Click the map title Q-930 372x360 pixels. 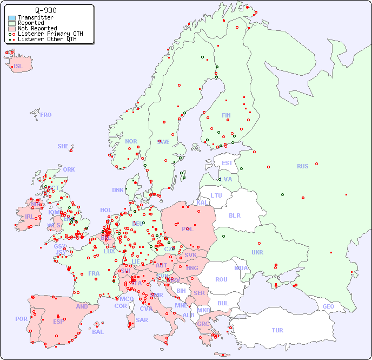(45, 10)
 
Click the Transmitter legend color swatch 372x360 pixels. (12, 18)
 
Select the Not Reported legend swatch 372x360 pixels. (12, 29)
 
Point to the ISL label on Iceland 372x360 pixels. (18, 67)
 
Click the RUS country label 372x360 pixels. (302, 166)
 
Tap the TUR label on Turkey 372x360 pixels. (277, 330)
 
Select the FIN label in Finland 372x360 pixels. (226, 115)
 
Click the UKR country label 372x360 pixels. (257, 252)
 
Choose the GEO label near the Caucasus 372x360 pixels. (328, 306)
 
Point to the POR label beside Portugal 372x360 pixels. (21, 319)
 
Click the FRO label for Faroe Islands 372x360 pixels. (46, 115)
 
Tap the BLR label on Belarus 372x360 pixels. (234, 215)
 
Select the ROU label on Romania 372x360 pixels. (221, 279)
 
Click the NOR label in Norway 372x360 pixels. (131, 141)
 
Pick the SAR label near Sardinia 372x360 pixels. (142, 320)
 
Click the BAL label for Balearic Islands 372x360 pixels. (98, 332)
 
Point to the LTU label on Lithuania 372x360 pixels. (216, 195)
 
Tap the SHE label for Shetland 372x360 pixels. (63, 146)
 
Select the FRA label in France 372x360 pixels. (94, 273)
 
